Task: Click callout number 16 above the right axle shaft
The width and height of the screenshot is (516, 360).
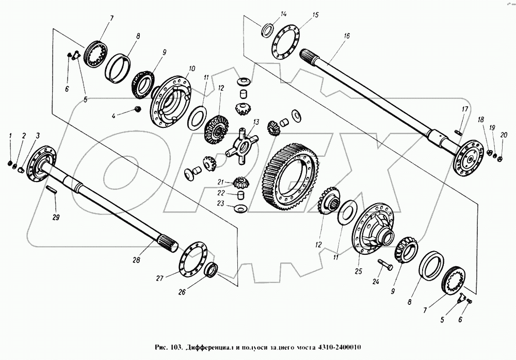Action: pyautogui.click(x=346, y=36)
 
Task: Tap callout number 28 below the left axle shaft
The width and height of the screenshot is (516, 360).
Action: pyautogui.click(x=136, y=260)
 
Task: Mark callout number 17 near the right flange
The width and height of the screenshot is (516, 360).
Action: pyautogui.click(x=464, y=109)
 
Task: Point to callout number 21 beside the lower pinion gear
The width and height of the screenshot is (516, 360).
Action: pyautogui.click(x=220, y=182)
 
